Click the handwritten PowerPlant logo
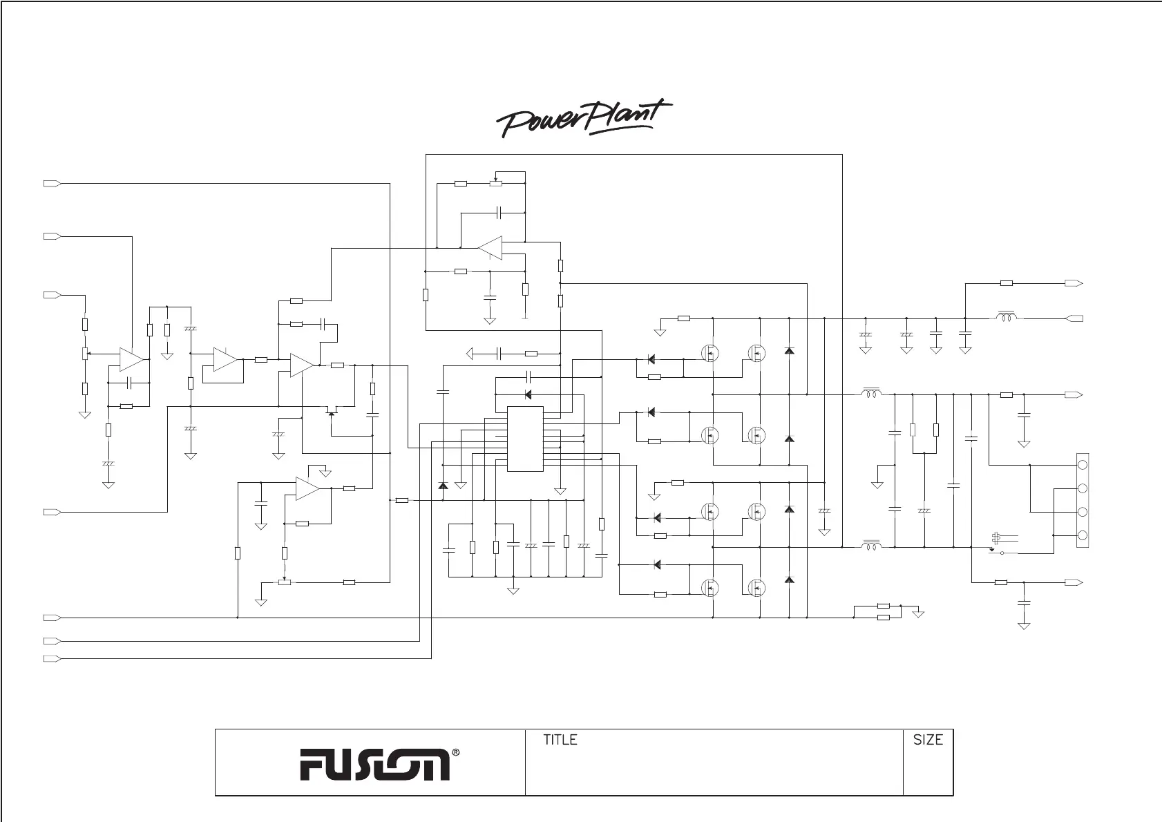584,119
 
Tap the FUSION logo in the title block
374,764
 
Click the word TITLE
560,740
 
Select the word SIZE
928,740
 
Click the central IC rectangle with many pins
525,439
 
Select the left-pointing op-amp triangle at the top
490,247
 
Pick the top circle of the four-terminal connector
1083,465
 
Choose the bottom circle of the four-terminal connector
1083,535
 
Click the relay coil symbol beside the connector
996,537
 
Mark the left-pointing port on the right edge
1074,318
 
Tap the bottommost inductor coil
870,547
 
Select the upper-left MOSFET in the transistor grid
709,354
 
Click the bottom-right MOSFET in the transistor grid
758,588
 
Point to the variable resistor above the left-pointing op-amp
495,184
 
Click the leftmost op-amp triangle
130,359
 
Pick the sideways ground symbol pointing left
470,354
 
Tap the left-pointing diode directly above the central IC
528,394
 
